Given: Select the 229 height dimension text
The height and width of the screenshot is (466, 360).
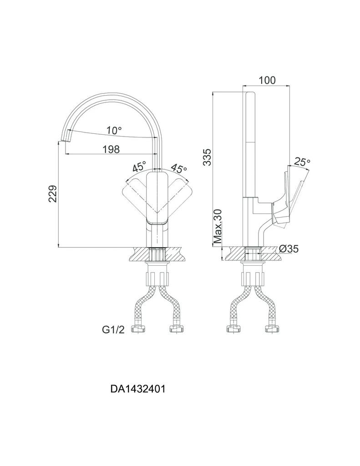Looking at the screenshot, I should (x=53, y=193).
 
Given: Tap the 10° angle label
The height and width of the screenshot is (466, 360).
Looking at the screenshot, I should (x=114, y=131).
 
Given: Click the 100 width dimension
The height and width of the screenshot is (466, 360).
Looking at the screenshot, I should (x=267, y=80).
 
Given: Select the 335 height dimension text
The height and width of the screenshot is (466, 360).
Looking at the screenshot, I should (x=208, y=157).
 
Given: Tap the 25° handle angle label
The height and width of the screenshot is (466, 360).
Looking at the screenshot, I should (x=302, y=162).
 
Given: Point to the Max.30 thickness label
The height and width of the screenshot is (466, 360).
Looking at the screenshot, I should (x=218, y=226).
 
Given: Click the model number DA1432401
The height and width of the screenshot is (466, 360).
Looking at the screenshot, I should (x=137, y=389).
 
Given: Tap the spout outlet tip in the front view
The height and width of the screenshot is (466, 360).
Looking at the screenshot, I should (x=64, y=136).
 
